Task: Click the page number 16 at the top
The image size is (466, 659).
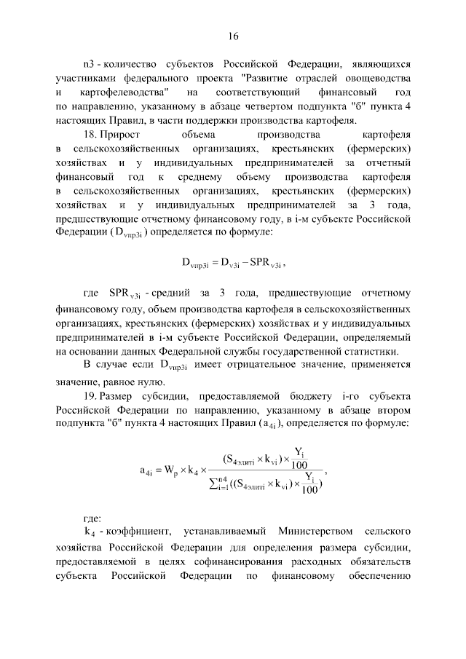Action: (233, 36)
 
